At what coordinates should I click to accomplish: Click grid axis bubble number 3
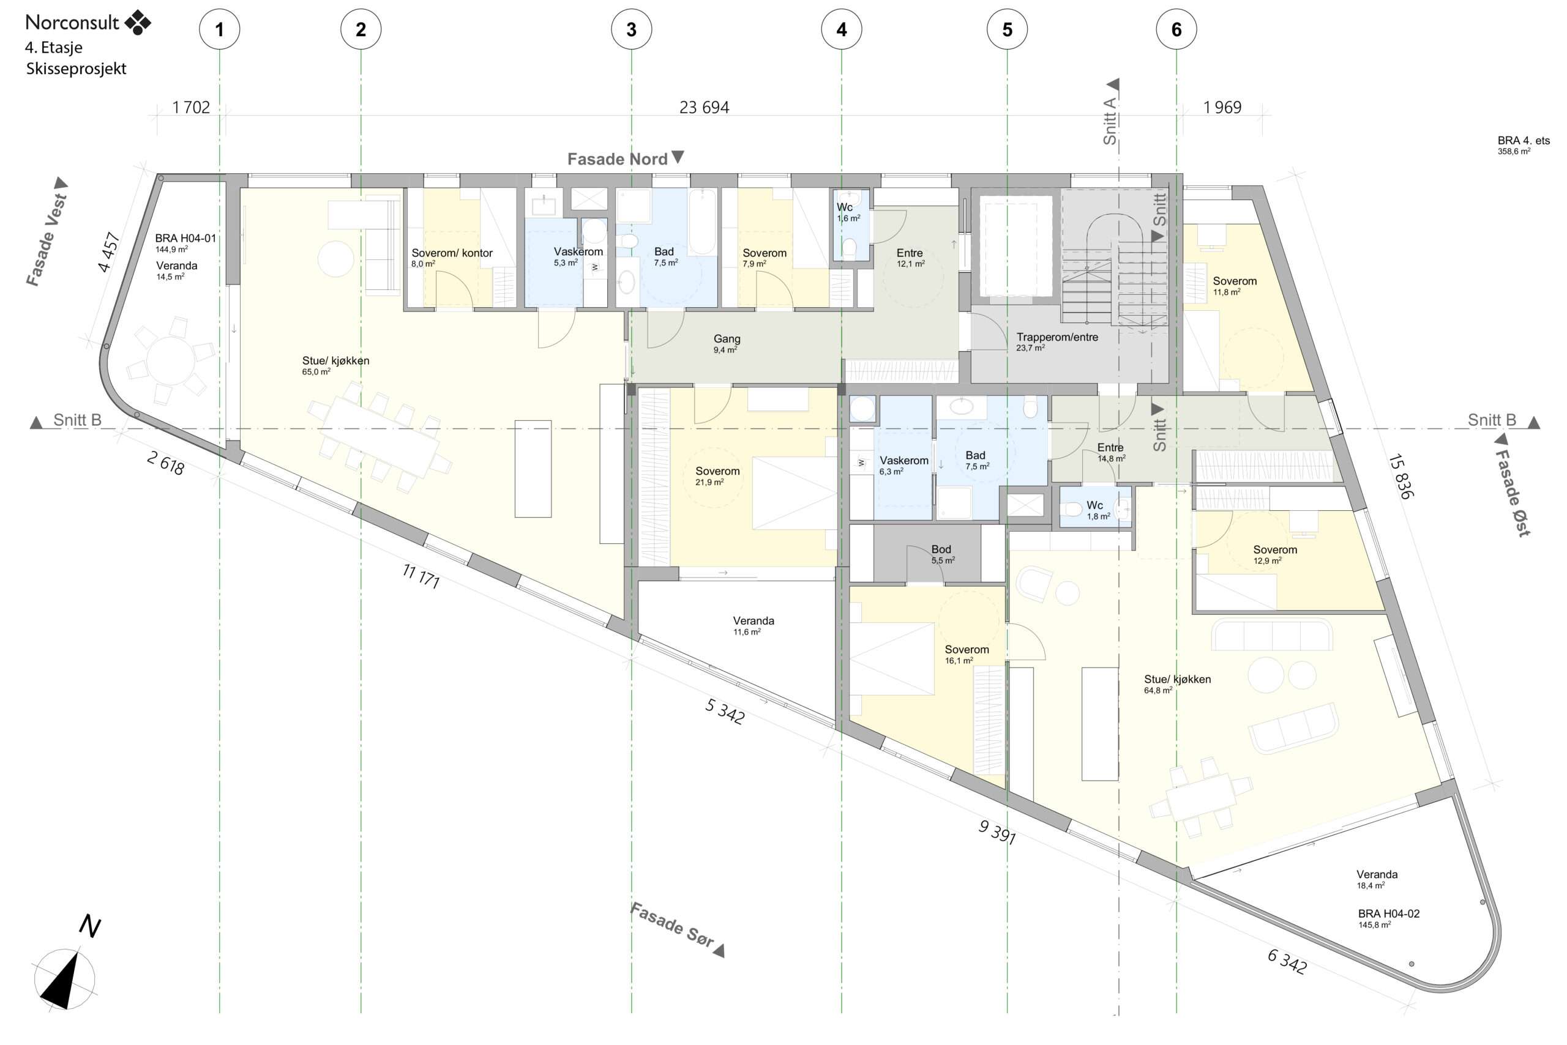pos(631,29)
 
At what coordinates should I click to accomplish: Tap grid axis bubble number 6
pos(1176,29)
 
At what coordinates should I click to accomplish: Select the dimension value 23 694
pos(703,107)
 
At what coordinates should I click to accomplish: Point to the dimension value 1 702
pos(191,107)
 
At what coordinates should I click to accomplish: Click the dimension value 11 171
pos(421,576)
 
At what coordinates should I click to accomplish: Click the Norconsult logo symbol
pos(138,22)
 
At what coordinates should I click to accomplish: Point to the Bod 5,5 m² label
pos(941,554)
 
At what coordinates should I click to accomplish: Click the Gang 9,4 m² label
pos(726,343)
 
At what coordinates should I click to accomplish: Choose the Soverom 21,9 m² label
pos(717,476)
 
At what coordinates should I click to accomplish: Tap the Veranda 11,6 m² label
pos(754,625)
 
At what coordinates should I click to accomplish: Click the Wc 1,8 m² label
pos(1098,510)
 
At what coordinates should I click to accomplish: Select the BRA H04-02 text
pos(1388,913)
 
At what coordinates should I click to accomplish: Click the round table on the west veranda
pos(171,360)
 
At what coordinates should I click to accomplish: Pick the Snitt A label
pos(1110,120)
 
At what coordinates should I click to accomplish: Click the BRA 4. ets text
pos(1524,141)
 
